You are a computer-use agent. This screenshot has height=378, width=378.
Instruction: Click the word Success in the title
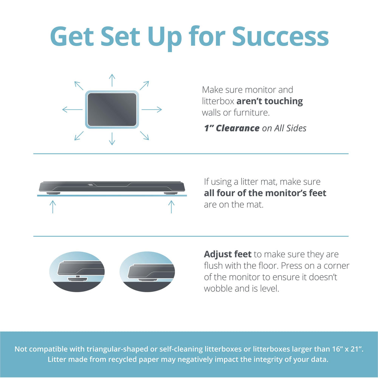280,36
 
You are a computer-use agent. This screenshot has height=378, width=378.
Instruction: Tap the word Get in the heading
72,36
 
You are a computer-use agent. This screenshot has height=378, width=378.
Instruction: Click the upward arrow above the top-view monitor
112,80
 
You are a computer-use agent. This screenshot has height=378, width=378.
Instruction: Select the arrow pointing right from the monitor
152,110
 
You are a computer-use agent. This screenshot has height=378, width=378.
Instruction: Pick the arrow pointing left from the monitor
72,110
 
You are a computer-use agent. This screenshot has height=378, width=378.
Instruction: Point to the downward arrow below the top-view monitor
112,139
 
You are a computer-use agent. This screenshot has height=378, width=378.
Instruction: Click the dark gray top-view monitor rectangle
112,110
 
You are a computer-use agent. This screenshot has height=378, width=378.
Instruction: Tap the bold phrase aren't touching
270,101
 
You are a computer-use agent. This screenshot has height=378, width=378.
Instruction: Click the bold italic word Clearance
237,128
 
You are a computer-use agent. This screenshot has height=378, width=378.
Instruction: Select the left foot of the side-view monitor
53,193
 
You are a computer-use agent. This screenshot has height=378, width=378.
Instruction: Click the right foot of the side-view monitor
171,193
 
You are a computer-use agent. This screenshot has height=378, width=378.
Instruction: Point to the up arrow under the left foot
53,207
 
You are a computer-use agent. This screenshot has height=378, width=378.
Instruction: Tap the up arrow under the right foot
171,207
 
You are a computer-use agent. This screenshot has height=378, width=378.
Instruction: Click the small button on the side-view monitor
90,185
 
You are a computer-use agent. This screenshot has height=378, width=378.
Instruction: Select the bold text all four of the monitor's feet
265,193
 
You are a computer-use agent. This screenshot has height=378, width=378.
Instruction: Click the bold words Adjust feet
228,254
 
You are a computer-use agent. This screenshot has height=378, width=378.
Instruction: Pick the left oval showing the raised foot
77,271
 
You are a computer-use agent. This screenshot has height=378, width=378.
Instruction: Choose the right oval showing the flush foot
147,271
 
